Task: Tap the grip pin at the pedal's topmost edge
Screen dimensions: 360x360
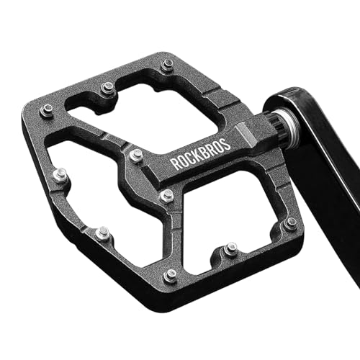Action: [168, 65]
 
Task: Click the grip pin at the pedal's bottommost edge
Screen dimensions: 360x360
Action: [170, 275]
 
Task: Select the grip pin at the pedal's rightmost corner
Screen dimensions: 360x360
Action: [289, 223]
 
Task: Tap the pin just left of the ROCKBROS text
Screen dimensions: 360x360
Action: [136, 155]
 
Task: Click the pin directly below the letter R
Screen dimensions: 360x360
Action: [167, 195]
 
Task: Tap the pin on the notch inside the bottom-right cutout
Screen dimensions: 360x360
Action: [230, 250]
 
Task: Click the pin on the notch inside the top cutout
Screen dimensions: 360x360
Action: [108, 89]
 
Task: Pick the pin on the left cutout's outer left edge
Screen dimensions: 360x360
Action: [61, 174]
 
